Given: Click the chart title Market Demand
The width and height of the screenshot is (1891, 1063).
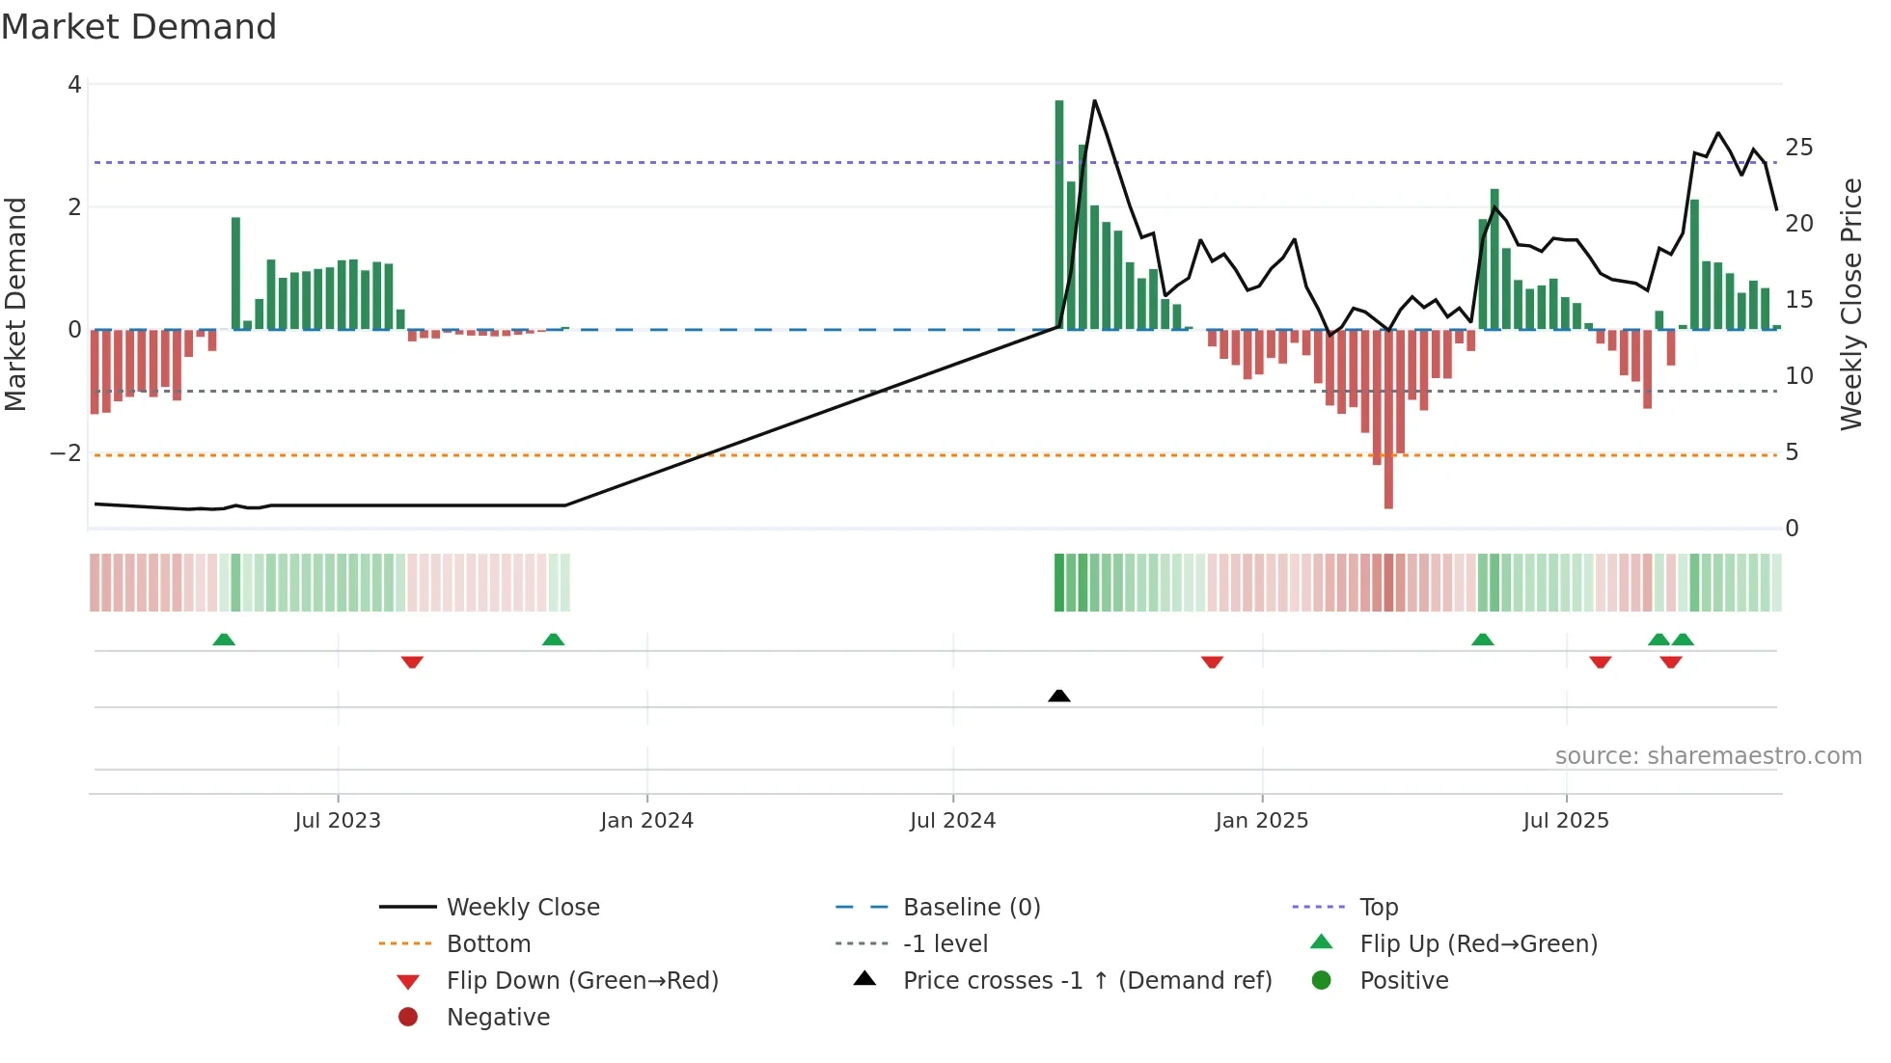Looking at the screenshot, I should pyautogui.click(x=139, y=27).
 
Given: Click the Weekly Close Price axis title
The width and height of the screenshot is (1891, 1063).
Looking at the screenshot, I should pyautogui.click(x=1850, y=304).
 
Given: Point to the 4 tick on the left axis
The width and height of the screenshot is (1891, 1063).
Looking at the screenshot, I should pyautogui.click(x=74, y=85).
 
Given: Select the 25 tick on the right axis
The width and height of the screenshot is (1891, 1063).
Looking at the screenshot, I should pyautogui.click(x=1798, y=148).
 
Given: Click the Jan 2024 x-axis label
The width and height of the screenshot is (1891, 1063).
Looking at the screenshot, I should pyautogui.click(x=646, y=821).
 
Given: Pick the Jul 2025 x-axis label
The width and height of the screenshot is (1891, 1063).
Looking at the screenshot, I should pyautogui.click(x=1566, y=821).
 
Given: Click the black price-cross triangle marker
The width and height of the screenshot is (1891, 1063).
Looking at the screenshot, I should pyautogui.click(x=1058, y=695).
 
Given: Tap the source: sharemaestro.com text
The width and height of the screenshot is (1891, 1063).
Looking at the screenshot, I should pyautogui.click(x=1708, y=756).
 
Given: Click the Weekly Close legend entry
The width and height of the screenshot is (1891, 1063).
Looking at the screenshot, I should pyautogui.click(x=522, y=908).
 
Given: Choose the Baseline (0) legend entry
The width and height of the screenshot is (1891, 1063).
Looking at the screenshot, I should pyautogui.click(x=971, y=908).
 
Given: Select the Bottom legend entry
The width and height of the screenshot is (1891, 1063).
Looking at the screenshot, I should pyautogui.click(x=488, y=944).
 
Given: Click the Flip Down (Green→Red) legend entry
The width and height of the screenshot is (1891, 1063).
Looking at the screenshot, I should pyautogui.click(x=582, y=981).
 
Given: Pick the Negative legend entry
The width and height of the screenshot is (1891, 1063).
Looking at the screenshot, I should pyautogui.click(x=498, y=1018).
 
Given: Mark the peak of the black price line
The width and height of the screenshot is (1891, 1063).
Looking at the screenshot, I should pyautogui.click(x=1094, y=100).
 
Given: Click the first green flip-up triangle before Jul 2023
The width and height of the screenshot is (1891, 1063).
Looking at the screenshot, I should pyautogui.click(x=224, y=640).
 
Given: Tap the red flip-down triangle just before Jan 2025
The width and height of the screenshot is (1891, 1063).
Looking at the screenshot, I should pyautogui.click(x=1212, y=662).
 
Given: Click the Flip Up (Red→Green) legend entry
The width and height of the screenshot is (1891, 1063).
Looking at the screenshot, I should pyautogui.click(x=1478, y=944).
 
